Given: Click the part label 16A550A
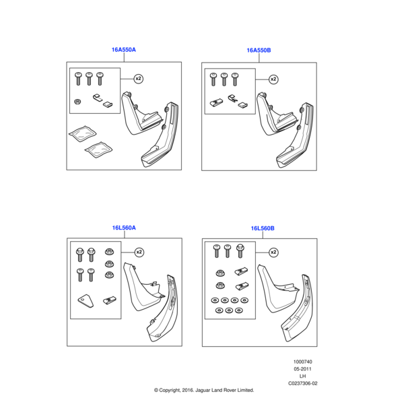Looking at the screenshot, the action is (124, 50).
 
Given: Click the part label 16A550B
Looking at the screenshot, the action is (259, 50).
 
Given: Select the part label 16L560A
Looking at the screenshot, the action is (124, 228).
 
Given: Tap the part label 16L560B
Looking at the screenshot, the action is (263, 228).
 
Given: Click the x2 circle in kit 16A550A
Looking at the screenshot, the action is (139, 79).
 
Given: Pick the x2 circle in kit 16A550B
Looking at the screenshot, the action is (273, 79).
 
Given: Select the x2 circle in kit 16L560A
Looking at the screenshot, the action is (139, 252).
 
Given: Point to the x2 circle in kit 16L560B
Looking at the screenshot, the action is (273, 252).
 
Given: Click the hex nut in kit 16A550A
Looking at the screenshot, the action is (77, 102).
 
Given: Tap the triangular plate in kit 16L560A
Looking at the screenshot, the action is (86, 301).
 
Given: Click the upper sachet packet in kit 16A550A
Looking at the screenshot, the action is (82, 133).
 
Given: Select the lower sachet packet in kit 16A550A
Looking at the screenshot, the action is (99, 149).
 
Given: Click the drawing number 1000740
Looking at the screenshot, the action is (303, 362).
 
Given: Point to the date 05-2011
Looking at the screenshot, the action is (303, 369).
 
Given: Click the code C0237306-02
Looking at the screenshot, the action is (303, 383).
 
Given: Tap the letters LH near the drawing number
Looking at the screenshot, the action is (303, 376).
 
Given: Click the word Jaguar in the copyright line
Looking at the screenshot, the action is (203, 391).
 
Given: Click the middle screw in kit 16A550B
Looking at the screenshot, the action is (224, 79).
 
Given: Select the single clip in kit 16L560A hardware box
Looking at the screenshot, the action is (110, 300).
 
